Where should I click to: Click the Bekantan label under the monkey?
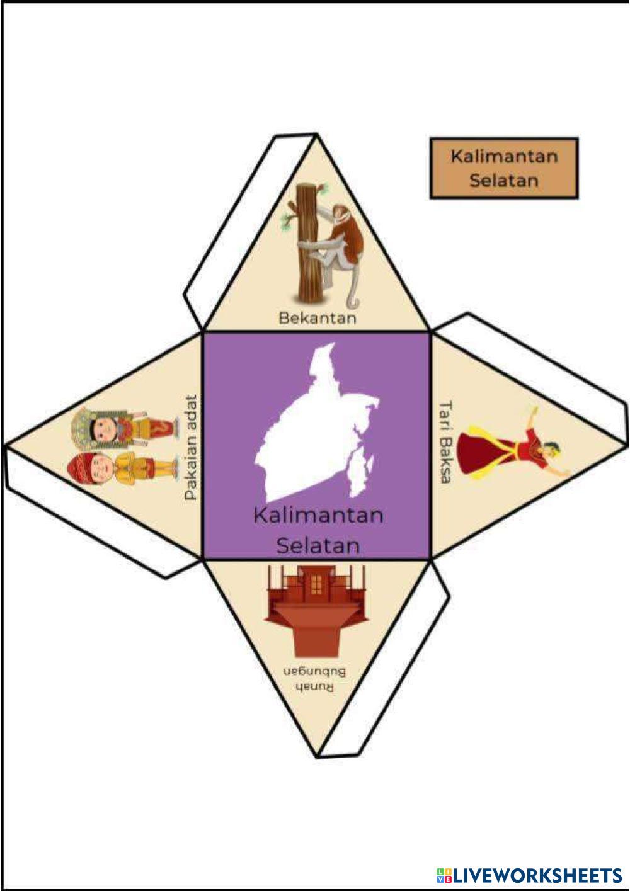tap(317, 317)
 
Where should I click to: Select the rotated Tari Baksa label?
tap(445, 441)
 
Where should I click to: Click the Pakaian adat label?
tap(191, 448)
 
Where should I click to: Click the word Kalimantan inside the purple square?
tap(318, 515)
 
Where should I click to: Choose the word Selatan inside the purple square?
tap(318, 545)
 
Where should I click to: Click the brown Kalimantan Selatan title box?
tap(503, 168)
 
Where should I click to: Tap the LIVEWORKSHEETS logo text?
tap(536, 875)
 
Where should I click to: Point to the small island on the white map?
tap(360, 469)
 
